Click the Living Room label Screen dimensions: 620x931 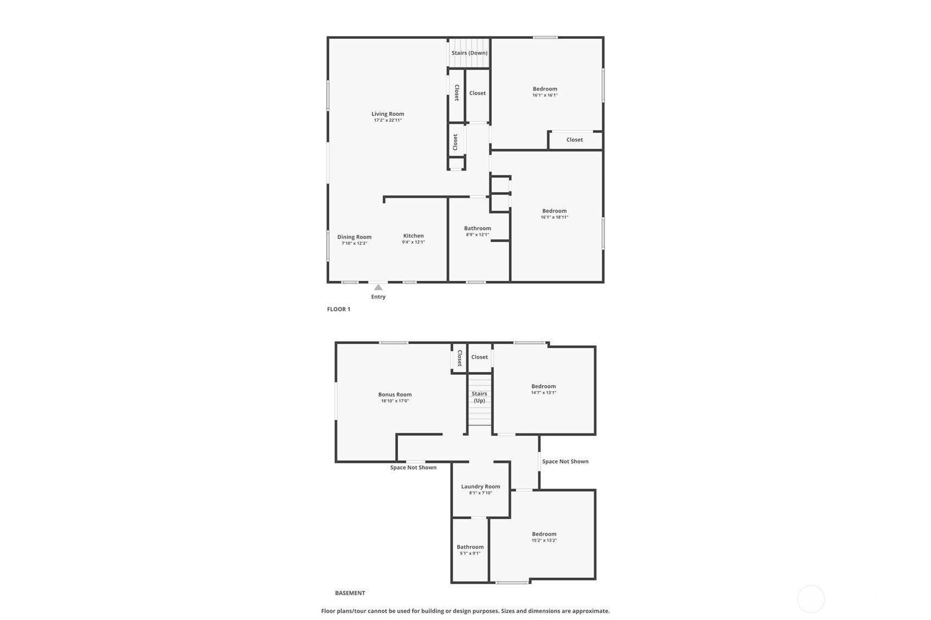coord(388,114)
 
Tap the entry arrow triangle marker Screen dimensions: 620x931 coord(378,287)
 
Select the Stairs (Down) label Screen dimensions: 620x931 coord(469,53)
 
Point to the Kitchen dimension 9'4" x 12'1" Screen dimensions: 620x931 coord(413,242)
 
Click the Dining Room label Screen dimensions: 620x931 coord(354,237)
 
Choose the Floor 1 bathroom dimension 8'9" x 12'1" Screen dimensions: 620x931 coord(478,235)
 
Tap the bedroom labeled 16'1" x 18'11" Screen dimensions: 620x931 coord(554,211)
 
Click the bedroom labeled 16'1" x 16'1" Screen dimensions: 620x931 coord(545,89)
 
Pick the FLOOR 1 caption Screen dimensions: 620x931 coord(339,309)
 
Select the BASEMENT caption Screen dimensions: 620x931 coord(350,593)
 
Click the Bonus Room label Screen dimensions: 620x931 coord(395,394)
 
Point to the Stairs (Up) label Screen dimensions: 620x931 coord(479,397)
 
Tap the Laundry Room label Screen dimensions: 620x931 coord(480,487)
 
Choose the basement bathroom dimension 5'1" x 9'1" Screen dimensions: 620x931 coord(470,554)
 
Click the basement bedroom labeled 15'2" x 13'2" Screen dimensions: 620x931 coord(544,534)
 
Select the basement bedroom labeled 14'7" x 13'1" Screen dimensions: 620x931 coord(543,386)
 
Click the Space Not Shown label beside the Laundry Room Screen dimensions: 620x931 coord(565,461)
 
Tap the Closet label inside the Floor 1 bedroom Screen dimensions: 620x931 coord(575,140)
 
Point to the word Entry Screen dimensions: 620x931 coord(378,297)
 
